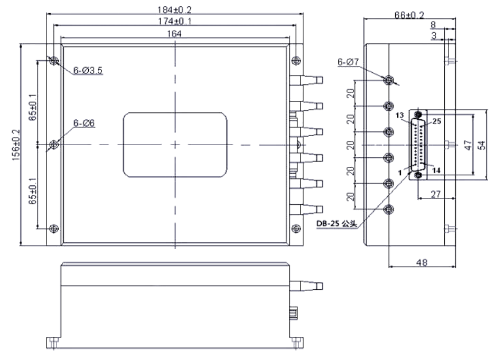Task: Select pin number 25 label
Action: [x=437, y=121]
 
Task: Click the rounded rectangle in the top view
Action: [x=175, y=145]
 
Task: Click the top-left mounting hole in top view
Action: [x=53, y=61]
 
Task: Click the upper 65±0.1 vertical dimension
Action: [x=33, y=108]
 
